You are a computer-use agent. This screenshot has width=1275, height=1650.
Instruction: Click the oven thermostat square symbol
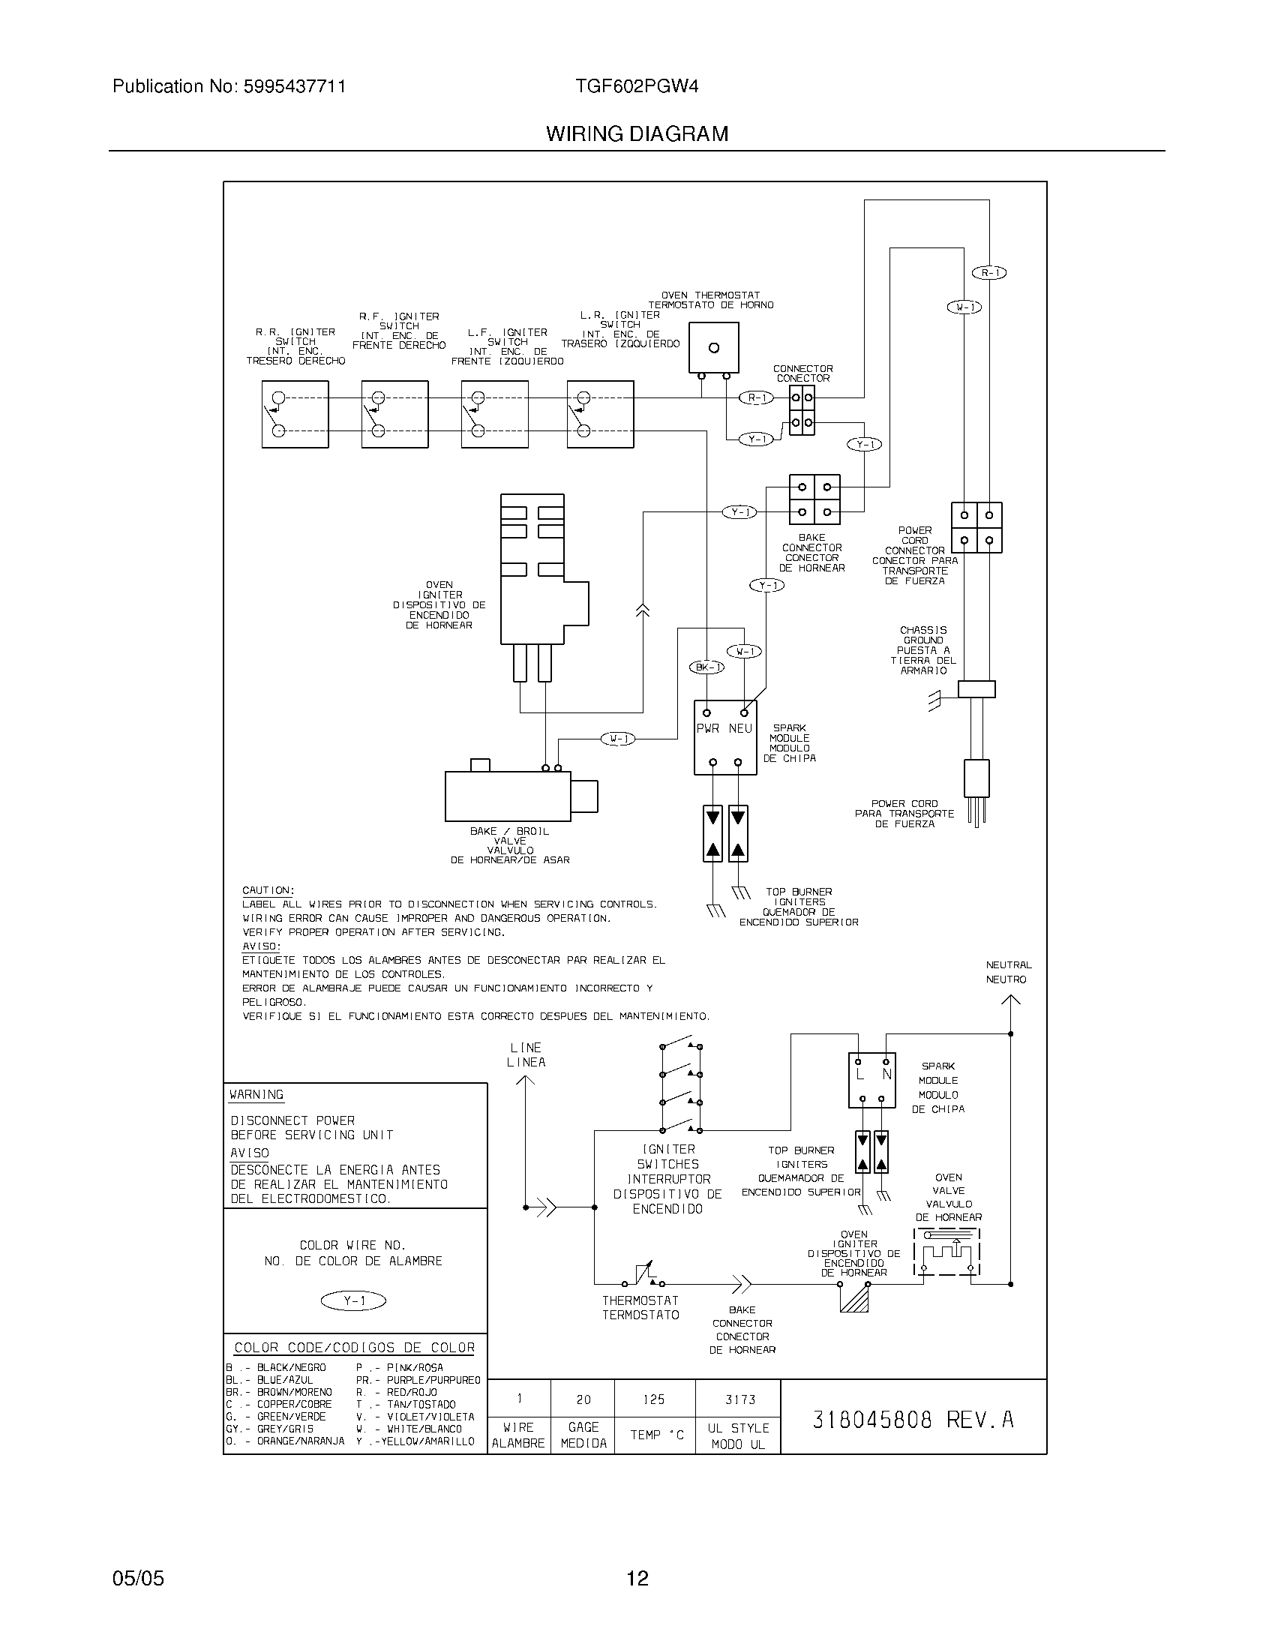tap(713, 347)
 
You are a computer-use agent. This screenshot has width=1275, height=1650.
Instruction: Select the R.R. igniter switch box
tap(295, 414)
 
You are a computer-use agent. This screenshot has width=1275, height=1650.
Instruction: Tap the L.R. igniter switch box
tap(600, 414)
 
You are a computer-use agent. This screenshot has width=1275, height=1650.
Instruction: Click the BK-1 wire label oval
tap(706, 666)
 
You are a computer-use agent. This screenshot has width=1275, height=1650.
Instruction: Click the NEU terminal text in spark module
tap(740, 728)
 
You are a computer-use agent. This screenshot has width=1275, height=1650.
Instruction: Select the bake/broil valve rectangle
tap(508, 796)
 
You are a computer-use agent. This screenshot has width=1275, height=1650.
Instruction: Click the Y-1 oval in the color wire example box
tap(353, 1301)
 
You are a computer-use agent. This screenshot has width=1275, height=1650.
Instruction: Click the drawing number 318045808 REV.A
tap(913, 1420)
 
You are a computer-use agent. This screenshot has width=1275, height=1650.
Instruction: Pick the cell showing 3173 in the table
tap(739, 1400)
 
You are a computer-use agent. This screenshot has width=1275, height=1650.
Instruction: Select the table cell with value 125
tap(653, 1400)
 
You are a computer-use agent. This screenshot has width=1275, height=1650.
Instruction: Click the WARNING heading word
tap(256, 1095)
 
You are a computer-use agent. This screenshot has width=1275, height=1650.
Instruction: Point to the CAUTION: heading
tap(268, 891)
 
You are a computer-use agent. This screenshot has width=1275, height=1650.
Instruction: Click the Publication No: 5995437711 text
tap(229, 86)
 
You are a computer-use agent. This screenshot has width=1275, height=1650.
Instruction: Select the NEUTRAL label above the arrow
tap(1008, 964)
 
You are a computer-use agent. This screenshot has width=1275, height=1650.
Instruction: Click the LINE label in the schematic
tap(526, 1048)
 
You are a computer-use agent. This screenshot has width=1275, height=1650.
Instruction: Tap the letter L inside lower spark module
tap(859, 1074)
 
